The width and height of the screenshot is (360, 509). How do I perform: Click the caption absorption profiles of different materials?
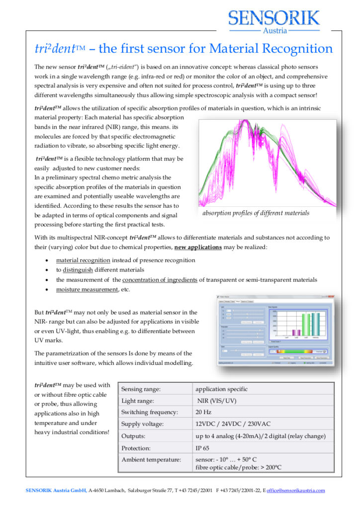(256, 213)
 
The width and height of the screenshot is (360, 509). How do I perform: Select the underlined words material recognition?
(83, 260)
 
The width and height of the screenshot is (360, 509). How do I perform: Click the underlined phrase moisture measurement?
(87, 289)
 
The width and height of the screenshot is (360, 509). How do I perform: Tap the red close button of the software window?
(331, 297)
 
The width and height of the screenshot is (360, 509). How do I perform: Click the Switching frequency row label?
(150, 412)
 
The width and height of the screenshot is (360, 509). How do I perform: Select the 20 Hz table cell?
(203, 412)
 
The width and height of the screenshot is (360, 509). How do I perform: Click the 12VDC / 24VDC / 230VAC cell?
(233, 424)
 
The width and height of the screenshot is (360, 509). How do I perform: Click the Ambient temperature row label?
(151, 460)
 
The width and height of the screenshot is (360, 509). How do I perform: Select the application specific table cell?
(221, 389)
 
